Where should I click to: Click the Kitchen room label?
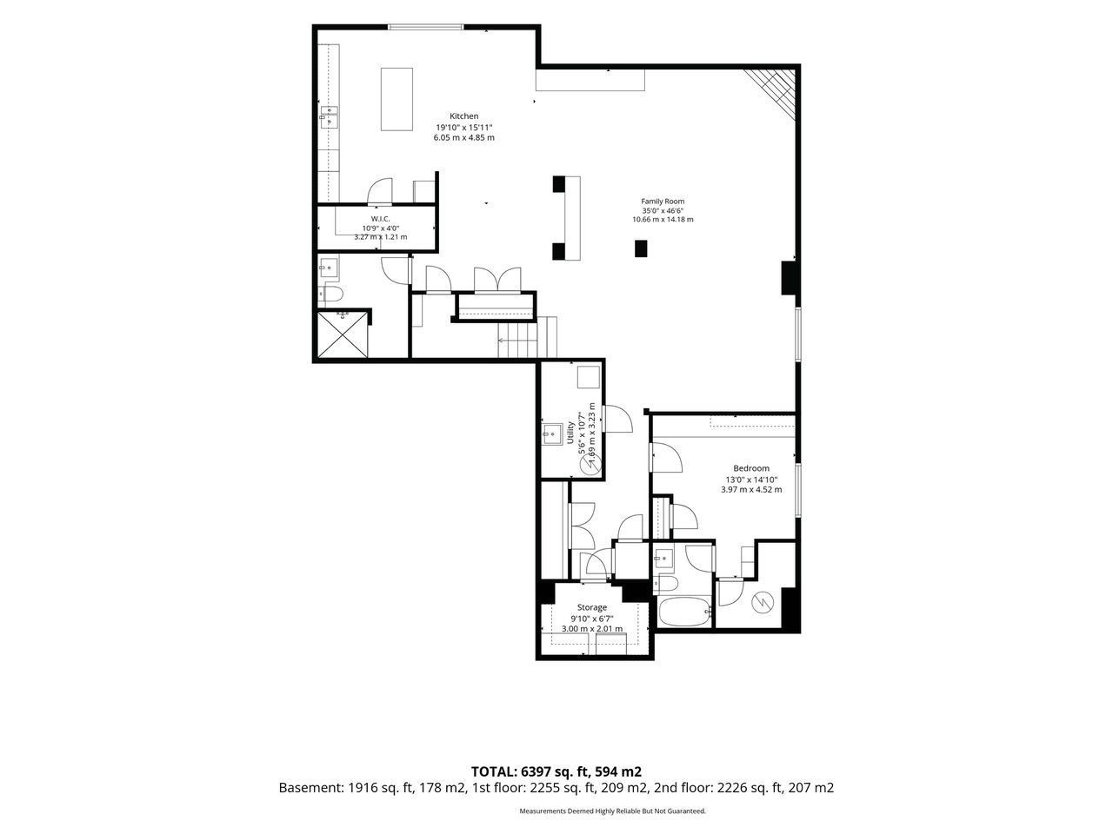(463, 116)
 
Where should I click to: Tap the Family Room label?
(663, 201)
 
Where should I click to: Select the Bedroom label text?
(751, 468)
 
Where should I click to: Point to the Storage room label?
(592, 607)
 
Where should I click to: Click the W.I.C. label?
(380, 219)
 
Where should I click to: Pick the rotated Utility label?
(570, 432)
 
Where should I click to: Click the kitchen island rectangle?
(397, 99)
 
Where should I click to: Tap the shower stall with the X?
(343, 334)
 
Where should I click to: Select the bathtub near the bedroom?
(684, 612)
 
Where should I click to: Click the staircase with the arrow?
(527, 338)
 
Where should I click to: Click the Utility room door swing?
(618, 418)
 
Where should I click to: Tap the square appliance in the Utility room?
(588, 377)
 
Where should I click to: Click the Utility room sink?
(551, 434)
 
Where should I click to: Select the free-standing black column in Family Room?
(641, 248)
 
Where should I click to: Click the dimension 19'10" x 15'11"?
(464, 127)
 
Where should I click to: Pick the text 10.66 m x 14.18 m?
(663, 219)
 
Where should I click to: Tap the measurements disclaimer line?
(612, 811)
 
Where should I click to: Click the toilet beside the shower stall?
(333, 294)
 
